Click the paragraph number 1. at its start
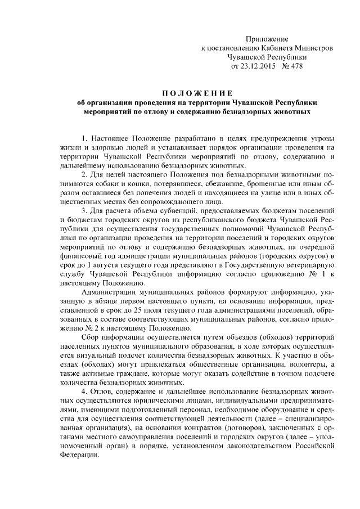[84, 138]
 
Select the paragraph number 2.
[84, 174]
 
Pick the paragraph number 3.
[84, 210]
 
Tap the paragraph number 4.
[84, 390]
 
